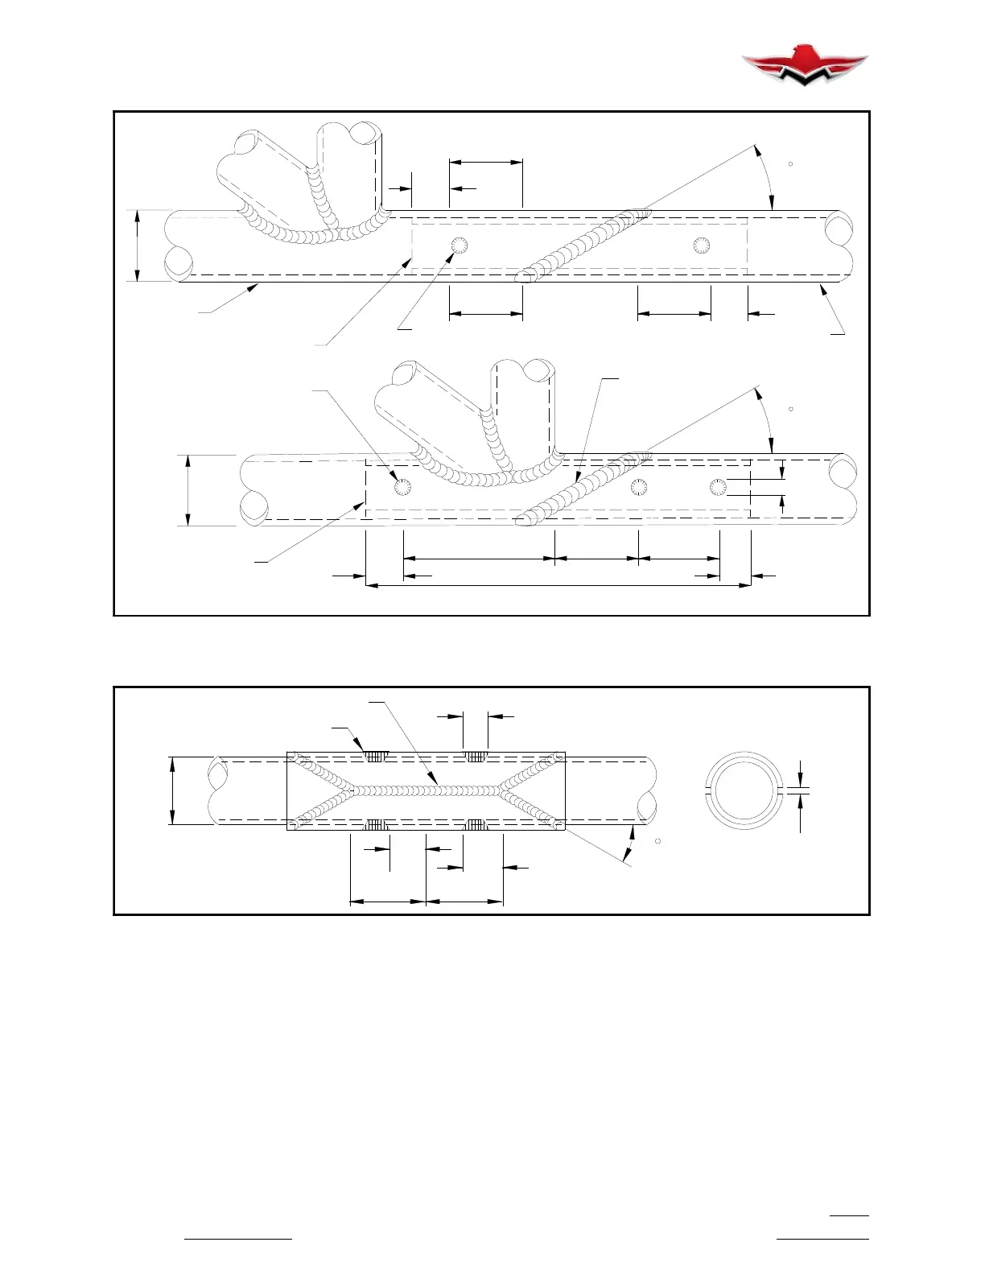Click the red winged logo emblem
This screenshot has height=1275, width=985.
click(x=804, y=64)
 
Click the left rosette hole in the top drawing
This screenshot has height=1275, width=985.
click(x=460, y=245)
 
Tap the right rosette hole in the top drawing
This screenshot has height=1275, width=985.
click(x=702, y=245)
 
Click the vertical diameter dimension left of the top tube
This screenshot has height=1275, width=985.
click(x=138, y=246)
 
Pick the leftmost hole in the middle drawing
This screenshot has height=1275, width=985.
click(x=402, y=487)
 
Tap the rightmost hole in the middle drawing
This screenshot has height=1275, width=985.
click(x=718, y=487)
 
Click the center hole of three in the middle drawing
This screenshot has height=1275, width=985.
click(x=639, y=487)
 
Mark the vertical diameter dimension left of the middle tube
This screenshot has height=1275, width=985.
click(x=188, y=490)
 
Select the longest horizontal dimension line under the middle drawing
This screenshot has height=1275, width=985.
click(x=558, y=586)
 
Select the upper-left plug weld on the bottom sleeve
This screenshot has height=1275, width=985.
click(x=376, y=757)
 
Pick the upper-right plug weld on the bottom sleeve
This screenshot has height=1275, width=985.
click(x=476, y=757)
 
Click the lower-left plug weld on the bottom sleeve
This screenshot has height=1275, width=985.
click(x=376, y=824)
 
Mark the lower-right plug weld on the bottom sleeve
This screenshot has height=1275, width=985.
click(x=476, y=824)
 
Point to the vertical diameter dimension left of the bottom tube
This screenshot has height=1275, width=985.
click(x=172, y=790)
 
